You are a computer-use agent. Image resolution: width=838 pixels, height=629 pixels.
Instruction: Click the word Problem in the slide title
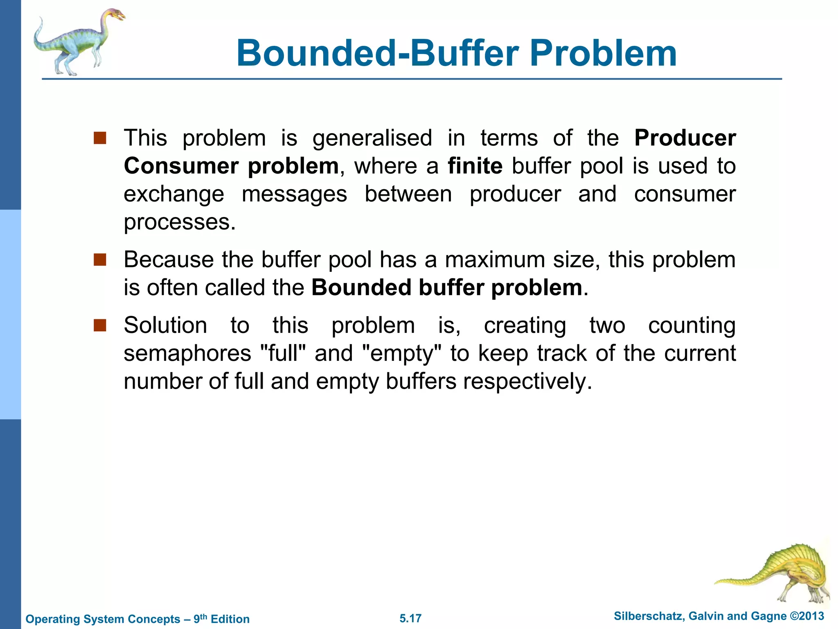[603, 53]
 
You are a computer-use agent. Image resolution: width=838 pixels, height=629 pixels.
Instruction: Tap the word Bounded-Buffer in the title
[378, 53]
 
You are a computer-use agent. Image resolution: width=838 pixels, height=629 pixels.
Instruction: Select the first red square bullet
[100, 138]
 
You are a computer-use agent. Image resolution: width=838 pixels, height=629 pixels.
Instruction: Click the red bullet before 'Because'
[100, 260]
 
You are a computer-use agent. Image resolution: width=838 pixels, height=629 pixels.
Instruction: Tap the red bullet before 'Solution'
[100, 326]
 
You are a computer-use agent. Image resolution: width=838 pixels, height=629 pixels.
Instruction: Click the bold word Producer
[685, 138]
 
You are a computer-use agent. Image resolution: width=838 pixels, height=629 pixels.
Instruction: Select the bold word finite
[475, 166]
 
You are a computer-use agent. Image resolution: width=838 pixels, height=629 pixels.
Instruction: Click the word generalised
[372, 138]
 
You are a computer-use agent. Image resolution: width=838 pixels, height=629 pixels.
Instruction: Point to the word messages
[294, 194]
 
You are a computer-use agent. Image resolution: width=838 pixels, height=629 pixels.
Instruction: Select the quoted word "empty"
[402, 353]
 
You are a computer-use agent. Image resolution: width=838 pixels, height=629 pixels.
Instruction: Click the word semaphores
[187, 353]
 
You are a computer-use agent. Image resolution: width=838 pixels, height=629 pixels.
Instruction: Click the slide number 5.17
[410, 618]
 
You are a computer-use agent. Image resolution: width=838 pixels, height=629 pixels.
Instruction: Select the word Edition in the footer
[230, 619]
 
